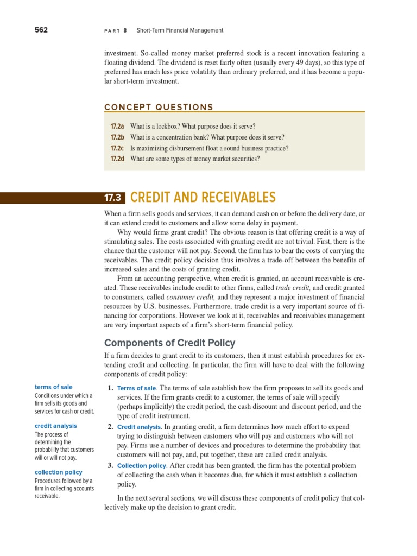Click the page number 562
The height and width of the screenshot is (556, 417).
(41, 30)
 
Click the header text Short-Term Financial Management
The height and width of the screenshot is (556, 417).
(180, 30)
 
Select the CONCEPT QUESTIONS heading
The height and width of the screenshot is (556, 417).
(159, 107)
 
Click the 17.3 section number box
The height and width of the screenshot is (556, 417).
(115, 198)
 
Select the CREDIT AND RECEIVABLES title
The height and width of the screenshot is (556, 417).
(203, 198)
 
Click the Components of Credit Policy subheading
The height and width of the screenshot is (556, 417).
(169, 343)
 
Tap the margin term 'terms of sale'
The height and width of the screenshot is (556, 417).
(53, 387)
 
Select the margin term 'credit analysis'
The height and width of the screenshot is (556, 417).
(56, 426)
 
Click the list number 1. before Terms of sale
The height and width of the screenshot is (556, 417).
(110, 388)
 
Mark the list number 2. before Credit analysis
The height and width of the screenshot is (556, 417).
(110, 427)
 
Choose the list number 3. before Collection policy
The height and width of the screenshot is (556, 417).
(110, 466)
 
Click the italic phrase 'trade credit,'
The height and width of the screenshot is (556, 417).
(293, 287)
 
